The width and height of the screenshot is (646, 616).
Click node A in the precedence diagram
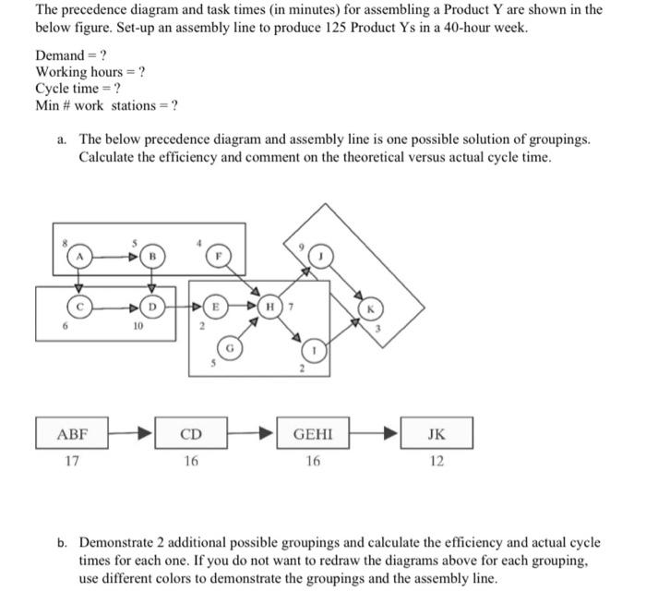point(80,256)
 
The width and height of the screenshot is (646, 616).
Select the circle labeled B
point(155,256)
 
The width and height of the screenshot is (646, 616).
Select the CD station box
point(190,433)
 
